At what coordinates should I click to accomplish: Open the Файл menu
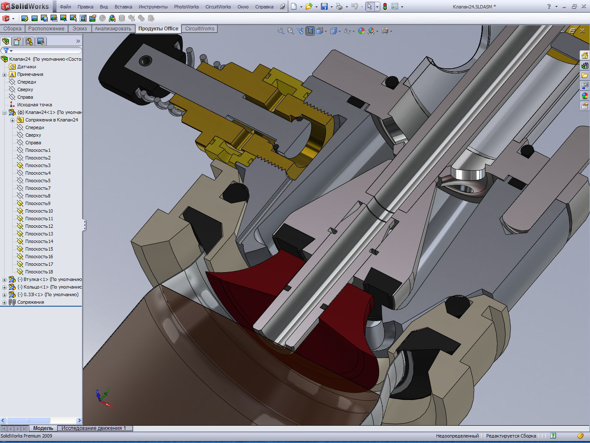(x=65, y=7)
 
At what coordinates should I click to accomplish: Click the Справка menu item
(x=264, y=7)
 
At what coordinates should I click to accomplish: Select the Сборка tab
(x=12, y=29)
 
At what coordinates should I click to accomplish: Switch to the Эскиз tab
(x=79, y=29)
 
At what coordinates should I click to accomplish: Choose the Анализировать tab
(x=113, y=29)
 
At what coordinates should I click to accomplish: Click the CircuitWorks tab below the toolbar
(x=199, y=29)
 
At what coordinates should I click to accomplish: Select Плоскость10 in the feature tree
(x=39, y=211)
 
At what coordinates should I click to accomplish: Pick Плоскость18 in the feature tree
(x=39, y=272)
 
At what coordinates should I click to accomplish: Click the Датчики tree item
(x=27, y=67)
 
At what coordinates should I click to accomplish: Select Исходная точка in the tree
(x=35, y=105)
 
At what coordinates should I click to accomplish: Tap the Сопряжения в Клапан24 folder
(x=51, y=120)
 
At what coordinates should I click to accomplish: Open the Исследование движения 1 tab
(x=94, y=428)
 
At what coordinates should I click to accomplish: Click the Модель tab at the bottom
(x=43, y=428)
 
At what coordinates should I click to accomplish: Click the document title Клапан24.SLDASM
(x=474, y=7)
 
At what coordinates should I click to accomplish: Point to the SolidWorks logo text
(x=30, y=6)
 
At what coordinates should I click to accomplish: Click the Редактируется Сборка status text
(x=511, y=436)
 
